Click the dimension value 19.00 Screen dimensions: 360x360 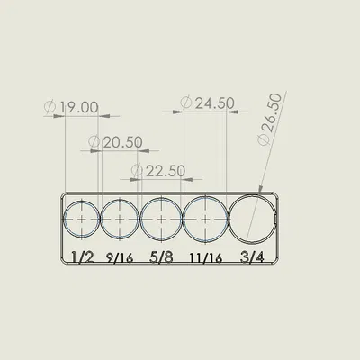(x=78, y=107)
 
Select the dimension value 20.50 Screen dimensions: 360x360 (x=123, y=142)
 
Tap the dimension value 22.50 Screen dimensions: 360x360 (x=165, y=170)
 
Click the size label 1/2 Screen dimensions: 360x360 (x=82, y=257)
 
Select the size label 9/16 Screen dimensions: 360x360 (x=120, y=257)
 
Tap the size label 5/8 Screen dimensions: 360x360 (x=161, y=257)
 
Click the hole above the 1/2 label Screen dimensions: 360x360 (x=82, y=219)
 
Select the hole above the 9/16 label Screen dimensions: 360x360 (x=119, y=219)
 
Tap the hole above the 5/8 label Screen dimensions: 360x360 (x=160, y=219)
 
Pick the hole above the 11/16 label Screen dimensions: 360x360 (x=206, y=219)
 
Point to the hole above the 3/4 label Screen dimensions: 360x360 (x=255, y=219)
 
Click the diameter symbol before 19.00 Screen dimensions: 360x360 (x=50, y=107)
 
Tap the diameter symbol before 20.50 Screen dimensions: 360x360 (x=95, y=142)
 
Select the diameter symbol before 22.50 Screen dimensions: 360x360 (x=137, y=170)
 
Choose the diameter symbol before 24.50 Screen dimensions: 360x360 (x=185, y=103)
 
